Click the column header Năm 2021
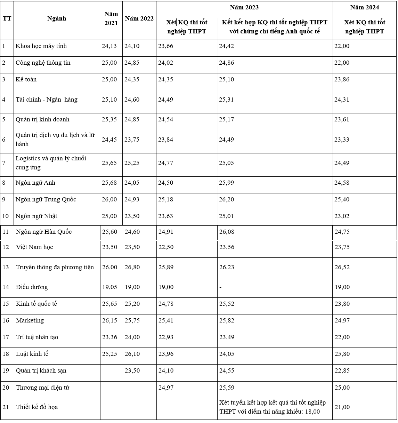pyautogui.click(x=111, y=18)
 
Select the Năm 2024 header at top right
pyautogui.click(x=364, y=7)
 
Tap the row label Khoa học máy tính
pyautogui.click(x=41, y=46)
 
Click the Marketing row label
pyautogui.click(x=30, y=320)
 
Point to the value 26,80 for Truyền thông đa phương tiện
pyautogui.click(x=132, y=267)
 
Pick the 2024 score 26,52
pyautogui.click(x=342, y=267)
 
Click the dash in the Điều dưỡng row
pyautogui.click(x=221, y=287)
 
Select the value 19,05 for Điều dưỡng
pyautogui.click(x=109, y=287)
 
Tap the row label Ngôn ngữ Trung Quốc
pyautogui.click(x=46, y=199)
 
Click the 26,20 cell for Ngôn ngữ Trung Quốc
pyautogui.click(x=226, y=199)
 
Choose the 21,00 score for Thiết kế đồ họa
pyautogui.click(x=342, y=407)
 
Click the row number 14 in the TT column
pyautogui.click(x=6, y=287)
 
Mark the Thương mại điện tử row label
pyautogui.click(x=42, y=388)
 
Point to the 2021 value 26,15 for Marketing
pyautogui.click(x=109, y=320)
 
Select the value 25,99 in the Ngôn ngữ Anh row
pyautogui.click(x=226, y=183)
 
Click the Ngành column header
pyautogui.click(x=57, y=18)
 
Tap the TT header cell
pyautogui.click(x=7, y=18)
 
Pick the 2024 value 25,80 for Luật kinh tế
pyautogui.click(x=342, y=354)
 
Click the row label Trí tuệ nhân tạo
pyautogui.click(x=37, y=337)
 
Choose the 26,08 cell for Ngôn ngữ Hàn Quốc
pyautogui.click(x=226, y=232)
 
